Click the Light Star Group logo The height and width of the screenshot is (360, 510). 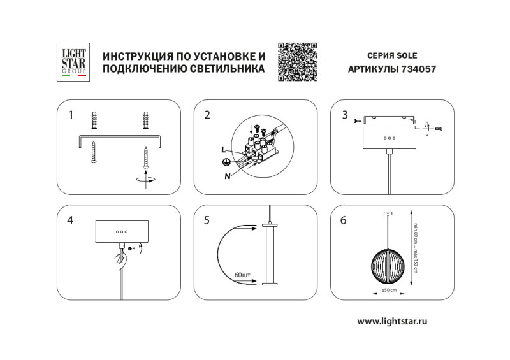click(73, 62)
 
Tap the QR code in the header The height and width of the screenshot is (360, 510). click(297, 61)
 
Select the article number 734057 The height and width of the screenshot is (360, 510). click(419, 69)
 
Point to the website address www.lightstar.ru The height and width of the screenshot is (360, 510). click(392, 321)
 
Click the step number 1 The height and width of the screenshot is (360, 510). click(71, 115)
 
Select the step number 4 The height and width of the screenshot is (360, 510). click(70, 220)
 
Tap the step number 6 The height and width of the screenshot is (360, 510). click(344, 220)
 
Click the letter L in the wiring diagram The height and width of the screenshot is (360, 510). click(224, 150)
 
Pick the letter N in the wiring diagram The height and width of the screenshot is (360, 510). click(228, 176)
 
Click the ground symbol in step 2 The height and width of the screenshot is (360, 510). click(225, 162)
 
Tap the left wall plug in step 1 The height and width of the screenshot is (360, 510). click(94, 120)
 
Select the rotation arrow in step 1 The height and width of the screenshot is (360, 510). click(146, 180)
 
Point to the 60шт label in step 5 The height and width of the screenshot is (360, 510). click(243, 275)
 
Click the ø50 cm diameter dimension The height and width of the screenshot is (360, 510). click(389, 290)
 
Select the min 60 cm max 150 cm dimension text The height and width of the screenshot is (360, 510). click(416, 248)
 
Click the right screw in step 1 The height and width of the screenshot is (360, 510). click(146, 158)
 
